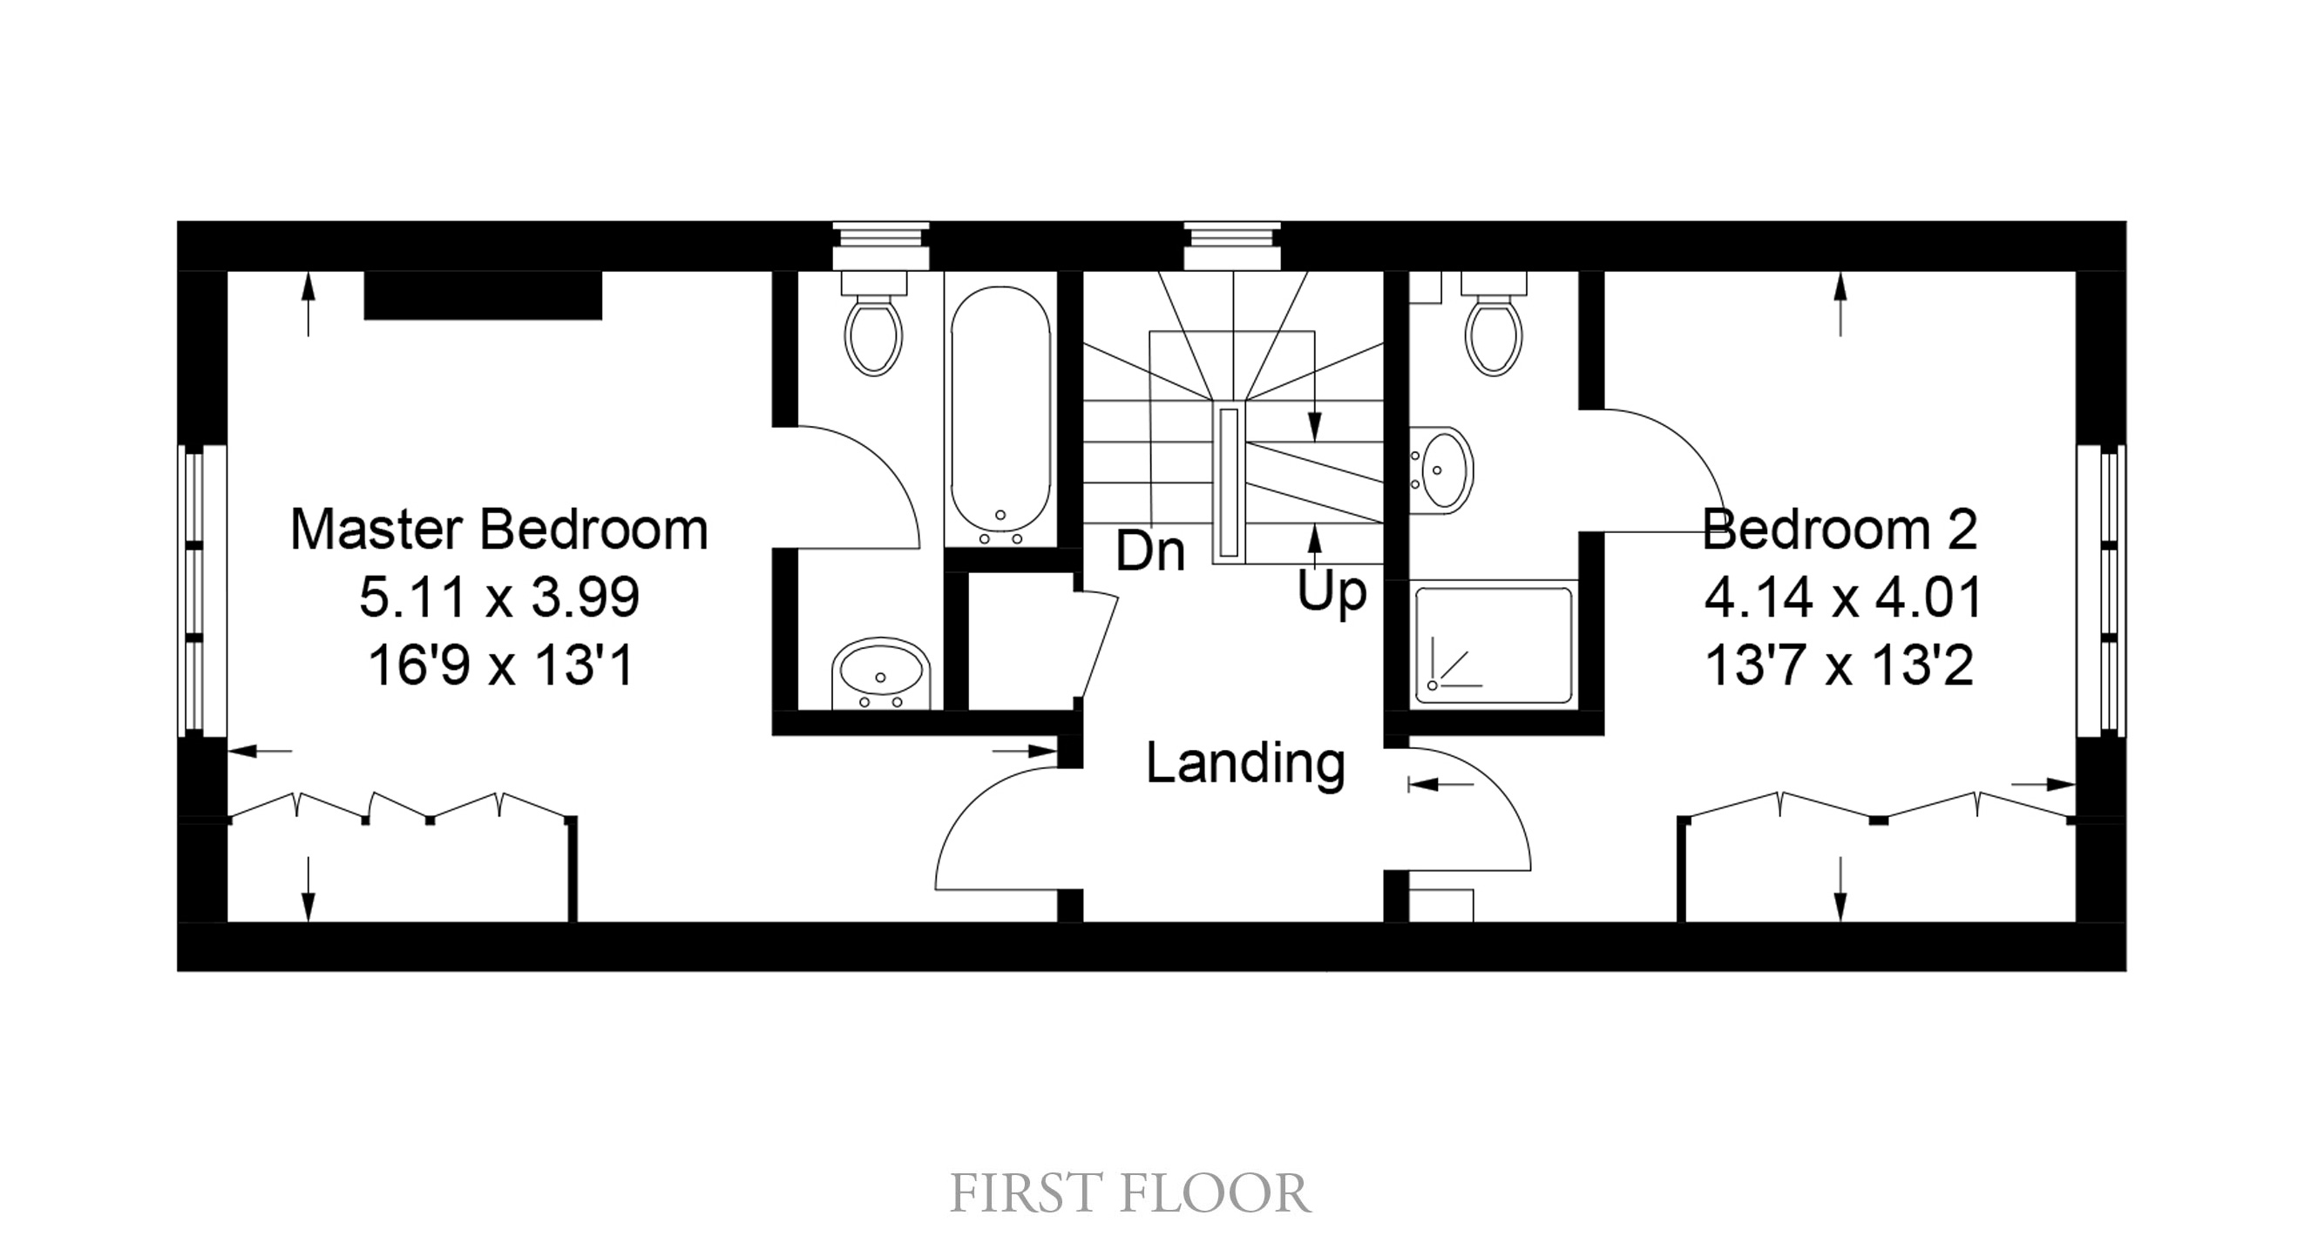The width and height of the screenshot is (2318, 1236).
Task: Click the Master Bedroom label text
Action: click(499, 529)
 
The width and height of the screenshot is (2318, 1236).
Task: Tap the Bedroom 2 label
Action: click(1840, 529)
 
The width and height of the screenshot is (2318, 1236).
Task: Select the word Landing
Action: click(1245, 765)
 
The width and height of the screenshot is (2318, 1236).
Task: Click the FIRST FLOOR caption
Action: click(1130, 1193)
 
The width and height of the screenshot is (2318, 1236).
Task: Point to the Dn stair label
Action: click(1150, 550)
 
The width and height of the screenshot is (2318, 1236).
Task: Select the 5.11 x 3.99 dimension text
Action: click(499, 598)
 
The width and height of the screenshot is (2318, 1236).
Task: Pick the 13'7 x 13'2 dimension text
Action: click(1840, 666)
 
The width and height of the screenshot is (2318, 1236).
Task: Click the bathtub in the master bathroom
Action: click(1000, 415)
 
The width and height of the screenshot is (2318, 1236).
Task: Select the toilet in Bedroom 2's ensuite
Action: click(1494, 324)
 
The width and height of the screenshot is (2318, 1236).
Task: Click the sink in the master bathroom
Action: click(881, 674)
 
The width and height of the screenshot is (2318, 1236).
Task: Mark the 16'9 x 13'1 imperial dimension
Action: click(501, 666)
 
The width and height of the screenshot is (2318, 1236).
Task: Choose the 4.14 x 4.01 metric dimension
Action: click(1842, 598)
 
